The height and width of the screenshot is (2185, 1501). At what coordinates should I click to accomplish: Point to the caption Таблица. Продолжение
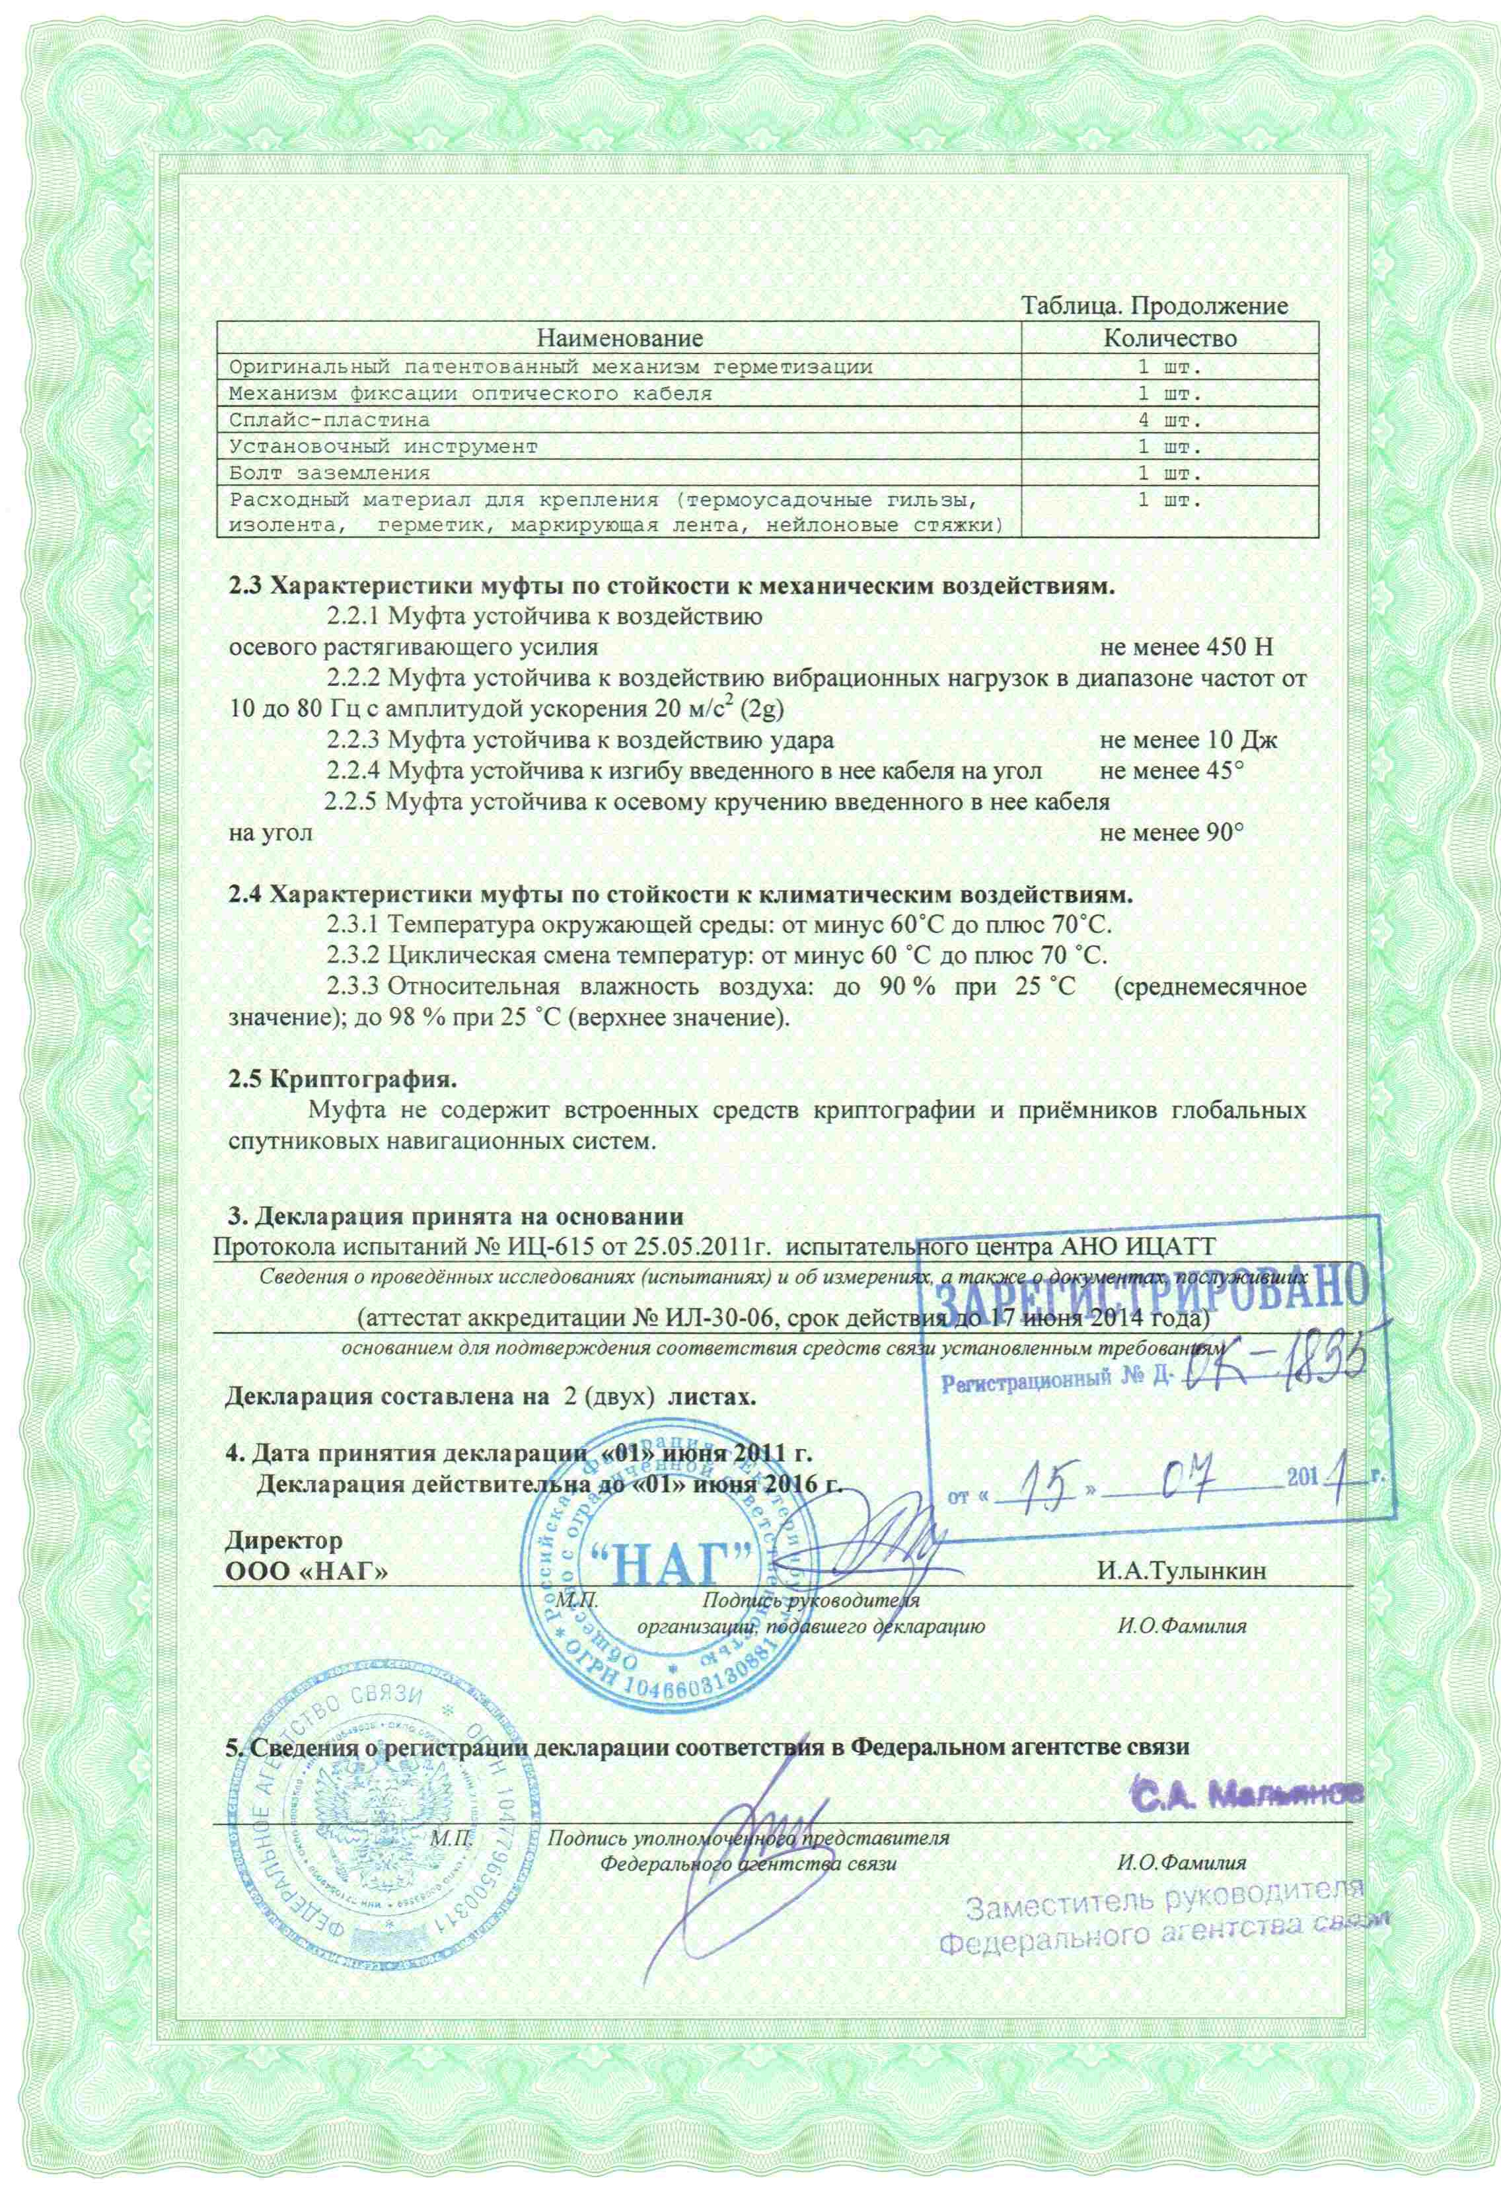(1154, 306)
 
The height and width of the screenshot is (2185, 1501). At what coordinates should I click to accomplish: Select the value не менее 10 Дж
(1188, 739)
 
